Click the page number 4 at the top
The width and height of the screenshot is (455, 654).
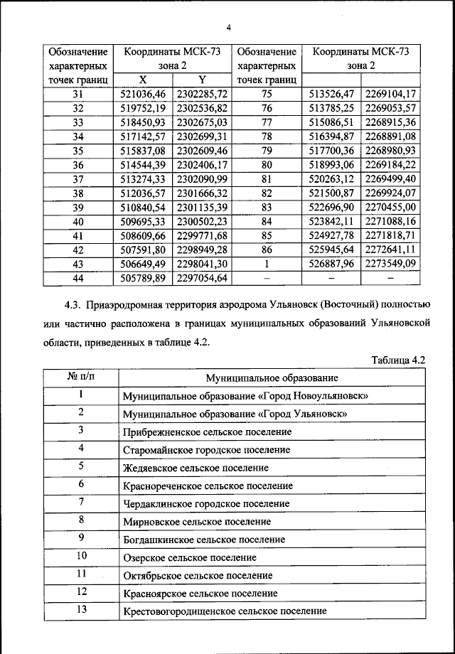click(229, 28)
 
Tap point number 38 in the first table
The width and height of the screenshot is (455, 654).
click(78, 193)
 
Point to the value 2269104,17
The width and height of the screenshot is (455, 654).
click(391, 94)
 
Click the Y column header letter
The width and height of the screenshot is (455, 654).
click(203, 80)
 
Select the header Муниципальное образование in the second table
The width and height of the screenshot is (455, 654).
click(272, 378)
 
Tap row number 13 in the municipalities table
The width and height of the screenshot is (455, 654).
click(82, 609)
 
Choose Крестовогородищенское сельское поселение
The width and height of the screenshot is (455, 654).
click(225, 611)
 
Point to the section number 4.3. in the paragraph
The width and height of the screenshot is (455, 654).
click(75, 306)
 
